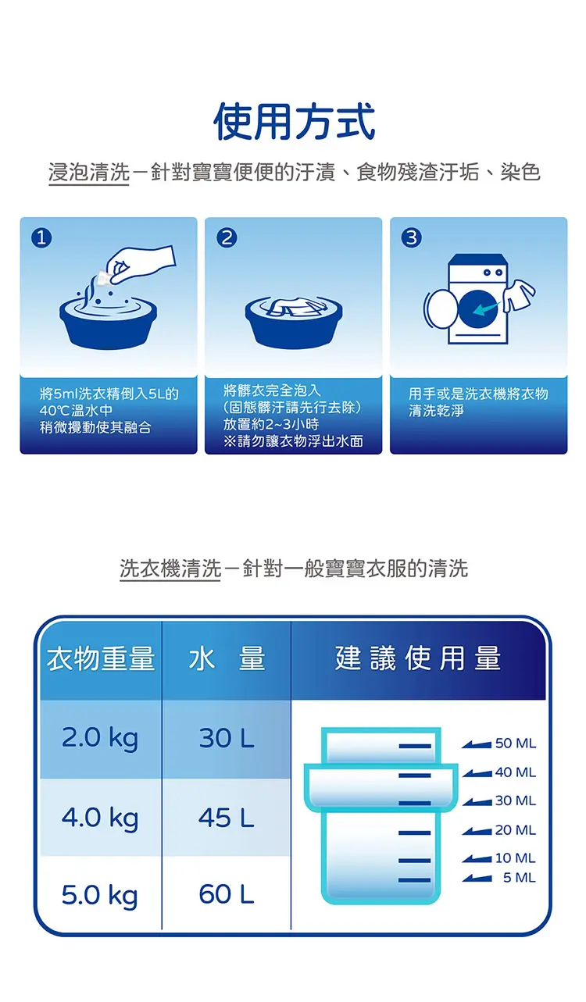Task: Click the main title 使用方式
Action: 294,122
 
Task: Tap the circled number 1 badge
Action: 41,237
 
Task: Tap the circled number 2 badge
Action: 227,237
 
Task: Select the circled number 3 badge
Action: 412,237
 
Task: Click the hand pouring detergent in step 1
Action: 139,265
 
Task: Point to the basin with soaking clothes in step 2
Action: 294,322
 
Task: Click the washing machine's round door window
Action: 478,308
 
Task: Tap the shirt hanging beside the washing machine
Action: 518,295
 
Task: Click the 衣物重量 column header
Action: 101,659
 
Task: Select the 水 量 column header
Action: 227,659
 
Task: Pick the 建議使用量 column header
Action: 418,658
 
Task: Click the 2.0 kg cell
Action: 100,739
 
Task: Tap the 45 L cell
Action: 227,818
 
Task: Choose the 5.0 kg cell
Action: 99,896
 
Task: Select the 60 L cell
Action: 227,895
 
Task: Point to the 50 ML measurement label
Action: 515,743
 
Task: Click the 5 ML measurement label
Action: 520,878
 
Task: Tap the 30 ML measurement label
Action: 515,801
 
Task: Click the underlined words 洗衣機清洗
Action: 170,569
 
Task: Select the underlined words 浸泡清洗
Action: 88,173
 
